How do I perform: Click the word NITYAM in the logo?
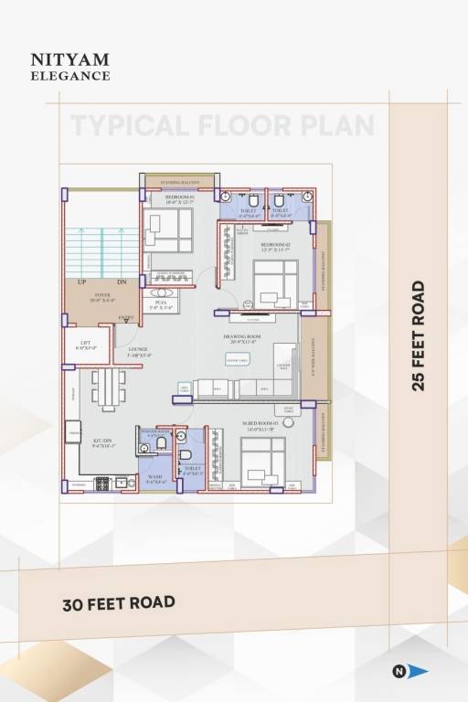(x=69, y=59)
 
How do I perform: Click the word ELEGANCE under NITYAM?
(x=69, y=76)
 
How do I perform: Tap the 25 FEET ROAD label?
(x=419, y=335)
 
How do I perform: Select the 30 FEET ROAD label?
(x=119, y=603)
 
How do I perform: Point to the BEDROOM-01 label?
(x=180, y=198)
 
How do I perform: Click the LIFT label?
(x=85, y=345)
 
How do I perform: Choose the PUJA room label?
(x=160, y=304)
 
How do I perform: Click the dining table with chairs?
(x=109, y=388)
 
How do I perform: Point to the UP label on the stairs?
(x=82, y=282)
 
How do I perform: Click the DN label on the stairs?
(x=122, y=282)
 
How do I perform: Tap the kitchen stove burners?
(x=103, y=482)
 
